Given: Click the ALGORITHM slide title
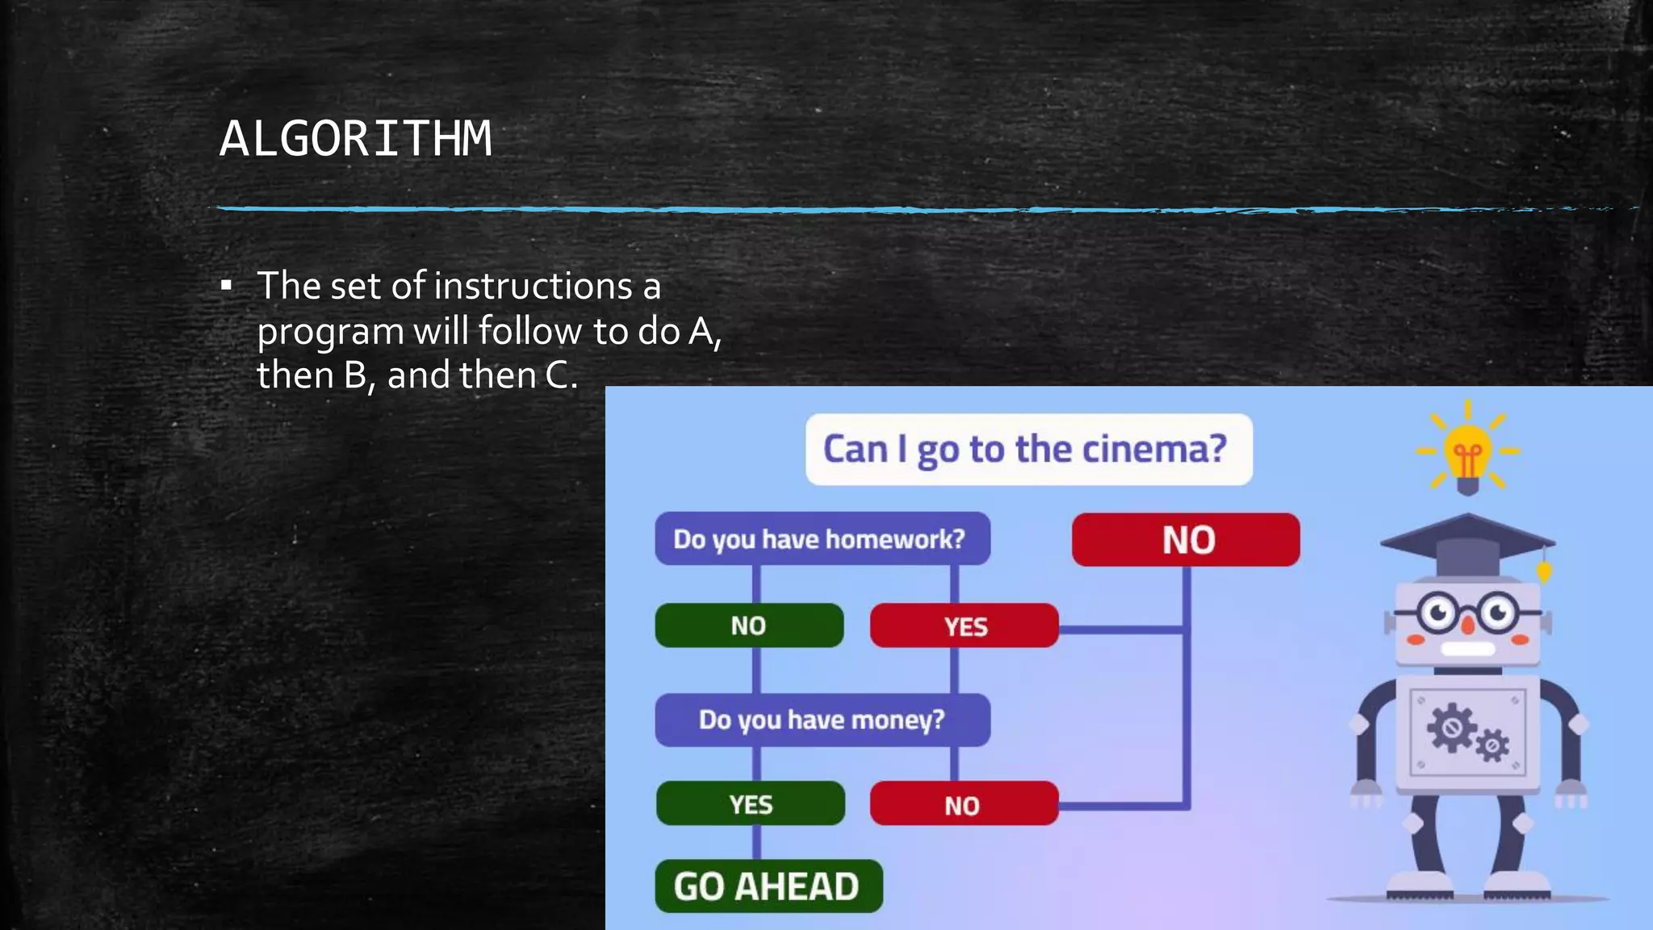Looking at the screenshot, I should (x=355, y=139).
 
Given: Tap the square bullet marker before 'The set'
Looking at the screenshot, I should (x=227, y=286).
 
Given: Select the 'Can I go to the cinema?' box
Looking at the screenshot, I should (x=1028, y=450).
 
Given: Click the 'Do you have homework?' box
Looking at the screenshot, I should (x=822, y=538).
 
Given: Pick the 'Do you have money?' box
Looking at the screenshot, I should (x=822, y=719).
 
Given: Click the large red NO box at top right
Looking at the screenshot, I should (x=1186, y=539).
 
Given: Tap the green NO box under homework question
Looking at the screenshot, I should (x=749, y=626).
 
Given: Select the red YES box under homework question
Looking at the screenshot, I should (x=964, y=626).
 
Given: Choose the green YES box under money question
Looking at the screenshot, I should (x=751, y=804).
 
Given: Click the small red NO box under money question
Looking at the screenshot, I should (x=964, y=804).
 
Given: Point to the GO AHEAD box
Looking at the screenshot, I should (x=768, y=886).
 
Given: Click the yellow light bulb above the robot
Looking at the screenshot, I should (x=1467, y=456).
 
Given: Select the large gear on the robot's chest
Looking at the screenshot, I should (x=1451, y=727).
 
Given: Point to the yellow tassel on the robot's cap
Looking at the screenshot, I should (x=1544, y=571).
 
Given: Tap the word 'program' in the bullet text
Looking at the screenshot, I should (x=330, y=333).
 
